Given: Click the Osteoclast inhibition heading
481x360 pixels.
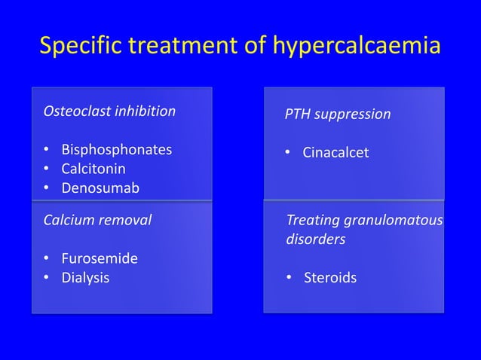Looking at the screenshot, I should pyautogui.click(x=109, y=111).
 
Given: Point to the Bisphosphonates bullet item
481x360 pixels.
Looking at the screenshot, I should pyautogui.click(x=116, y=149).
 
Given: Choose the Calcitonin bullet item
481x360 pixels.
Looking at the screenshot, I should pyautogui.click(x=93, y=168).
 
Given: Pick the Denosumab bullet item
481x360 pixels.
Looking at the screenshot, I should pyautogui.click(x=100, y=188).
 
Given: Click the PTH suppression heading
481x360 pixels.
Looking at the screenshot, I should pyautogui.click(x=337, y=114).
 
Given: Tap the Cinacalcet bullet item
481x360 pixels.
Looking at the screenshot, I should pyautogui.click(x=335, y=153).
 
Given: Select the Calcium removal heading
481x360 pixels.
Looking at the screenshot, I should pyautogui.click(x=97, y=220).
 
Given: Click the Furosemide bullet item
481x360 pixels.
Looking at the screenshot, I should pyautogui.click(x=99, y=258).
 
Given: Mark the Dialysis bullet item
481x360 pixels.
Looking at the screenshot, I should pyautogui.click(x=84, y=278).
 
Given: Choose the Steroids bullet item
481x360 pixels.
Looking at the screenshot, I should pyautogui.click(x=330, y=278).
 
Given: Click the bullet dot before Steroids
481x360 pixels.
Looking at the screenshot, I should pyautogui.click(x=289, y=279).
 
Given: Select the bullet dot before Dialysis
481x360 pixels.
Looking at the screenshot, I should pyautogui.click(x=47, y=279).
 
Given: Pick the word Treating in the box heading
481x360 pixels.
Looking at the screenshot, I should pyautogui.click(x=312, y=221).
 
